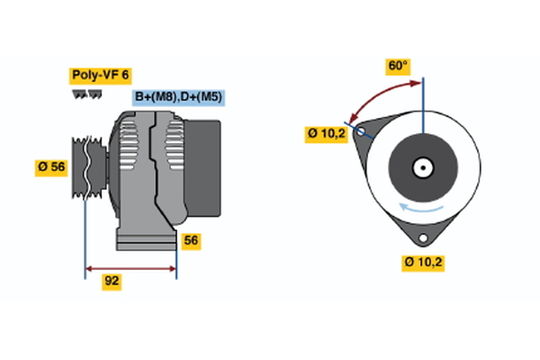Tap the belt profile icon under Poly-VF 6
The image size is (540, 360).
[x=86, y=94]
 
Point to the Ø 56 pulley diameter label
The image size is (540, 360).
[x=51, y=167]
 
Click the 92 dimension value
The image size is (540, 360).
[x=112, y=281]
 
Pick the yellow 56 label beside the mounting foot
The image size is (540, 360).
[x=190, y=240]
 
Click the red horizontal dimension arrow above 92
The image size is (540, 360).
[x=130, y=267]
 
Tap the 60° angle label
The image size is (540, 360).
[x=398, y=66]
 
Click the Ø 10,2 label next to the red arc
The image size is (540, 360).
[x=326, y=133]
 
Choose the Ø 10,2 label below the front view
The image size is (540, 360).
[x=424, y=262]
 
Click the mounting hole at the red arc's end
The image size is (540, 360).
[x=361, y=131]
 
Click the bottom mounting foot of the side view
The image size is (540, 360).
[x=145, y=238]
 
